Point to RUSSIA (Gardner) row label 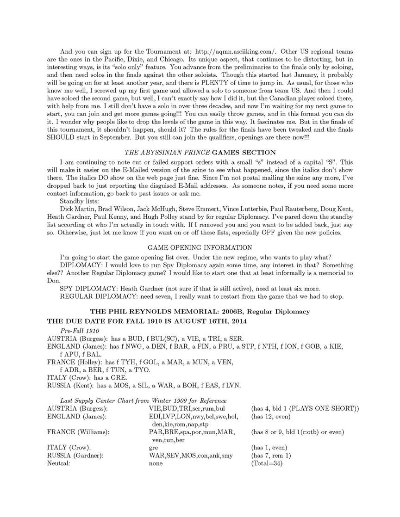(x=75, y=455)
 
